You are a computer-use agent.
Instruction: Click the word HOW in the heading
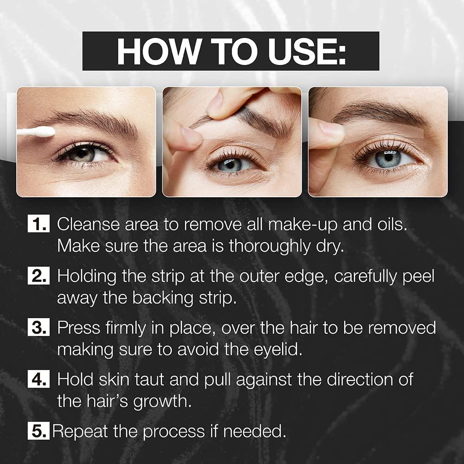pyautogui.click(x=153, y=51)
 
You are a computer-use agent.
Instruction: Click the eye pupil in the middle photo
pyautogui.click(x=230, y=164)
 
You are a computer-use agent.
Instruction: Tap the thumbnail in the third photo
pyautogui.click(x=330, y=129)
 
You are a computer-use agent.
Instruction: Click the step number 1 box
pyautogui.click(x=40, y=225)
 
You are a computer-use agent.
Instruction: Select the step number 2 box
pyautogui.click(x=40, y=277)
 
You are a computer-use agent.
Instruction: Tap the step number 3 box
pyautogui.click(x=40, y=328)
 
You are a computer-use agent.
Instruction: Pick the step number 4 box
pyautogui.click(x=40, y=380)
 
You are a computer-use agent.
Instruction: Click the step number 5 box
pyautogui.click(x=39, y=432)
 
